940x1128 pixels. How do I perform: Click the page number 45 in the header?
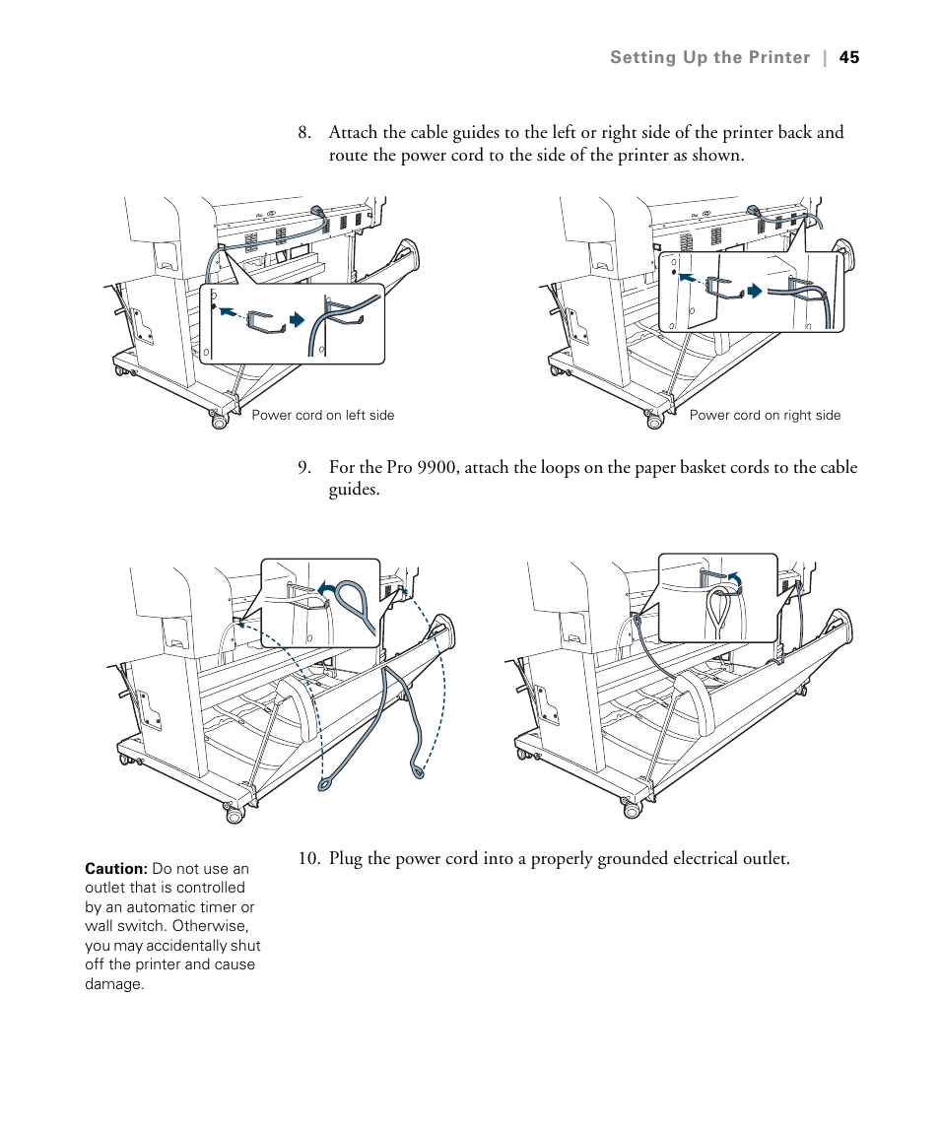point(849,57)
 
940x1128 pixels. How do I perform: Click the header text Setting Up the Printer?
point(709,57)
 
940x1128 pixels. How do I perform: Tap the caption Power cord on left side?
point(322,416)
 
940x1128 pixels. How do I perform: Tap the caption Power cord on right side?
point(765,416)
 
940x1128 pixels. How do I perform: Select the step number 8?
point(303,133)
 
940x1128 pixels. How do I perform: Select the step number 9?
point(303,468)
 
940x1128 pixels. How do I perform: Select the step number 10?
point(308,859)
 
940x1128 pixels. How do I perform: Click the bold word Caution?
point(116,869)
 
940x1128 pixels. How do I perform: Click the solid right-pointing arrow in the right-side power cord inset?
point(755,291)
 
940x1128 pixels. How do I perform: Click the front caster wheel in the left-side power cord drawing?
point(218,421)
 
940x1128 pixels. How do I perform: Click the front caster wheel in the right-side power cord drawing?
point(653,421)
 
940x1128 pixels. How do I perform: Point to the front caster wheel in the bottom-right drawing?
point(631,809)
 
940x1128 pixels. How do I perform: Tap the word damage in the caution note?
point(113,984)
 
